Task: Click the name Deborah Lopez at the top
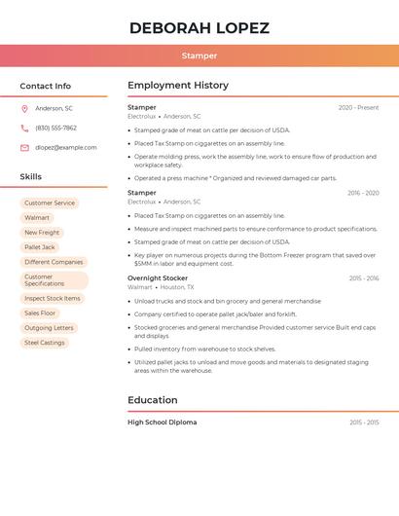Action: tap(199, 28)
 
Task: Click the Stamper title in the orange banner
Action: tap(199, 55)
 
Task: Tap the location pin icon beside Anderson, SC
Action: tap(24, 108)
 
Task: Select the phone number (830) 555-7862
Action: tap(55, 128)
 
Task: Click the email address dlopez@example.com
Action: tap(65, 147)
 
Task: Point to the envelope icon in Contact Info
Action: tap(24, 147)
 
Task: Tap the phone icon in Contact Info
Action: tap(24, 128)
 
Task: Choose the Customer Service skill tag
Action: tap(50, 203)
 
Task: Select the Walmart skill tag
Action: tap(37, 218)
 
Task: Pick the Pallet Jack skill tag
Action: tap(40, 247)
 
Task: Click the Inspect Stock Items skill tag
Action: tap(53, 299)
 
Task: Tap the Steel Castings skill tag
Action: tap(45, 343)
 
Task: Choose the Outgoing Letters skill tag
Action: tap(49, 328)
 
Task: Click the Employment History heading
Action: tap(178, 86)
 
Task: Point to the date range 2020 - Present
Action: tap(358, 107)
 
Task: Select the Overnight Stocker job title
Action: tap(158, 278)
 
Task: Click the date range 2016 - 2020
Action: tap(363, 193)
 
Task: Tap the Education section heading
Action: tap(153, 400)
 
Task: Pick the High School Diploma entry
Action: tap(162, 423)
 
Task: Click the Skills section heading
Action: tap(31, 177)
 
